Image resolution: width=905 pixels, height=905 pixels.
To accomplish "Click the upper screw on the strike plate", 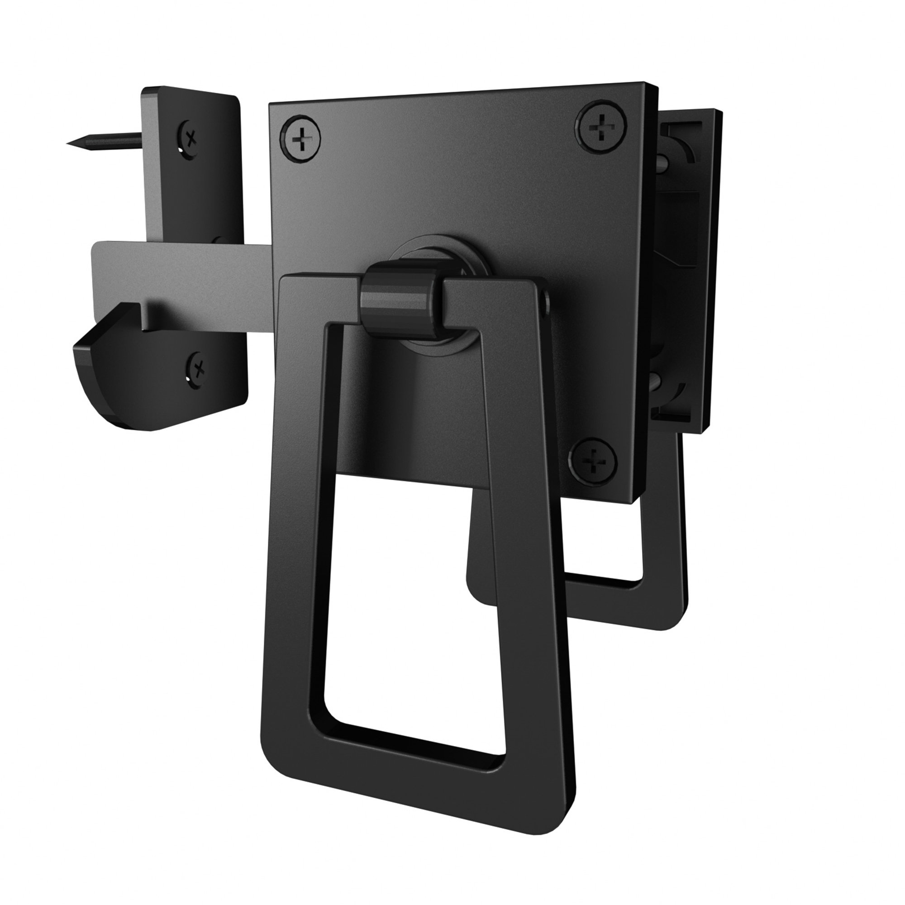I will pos(190,138).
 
